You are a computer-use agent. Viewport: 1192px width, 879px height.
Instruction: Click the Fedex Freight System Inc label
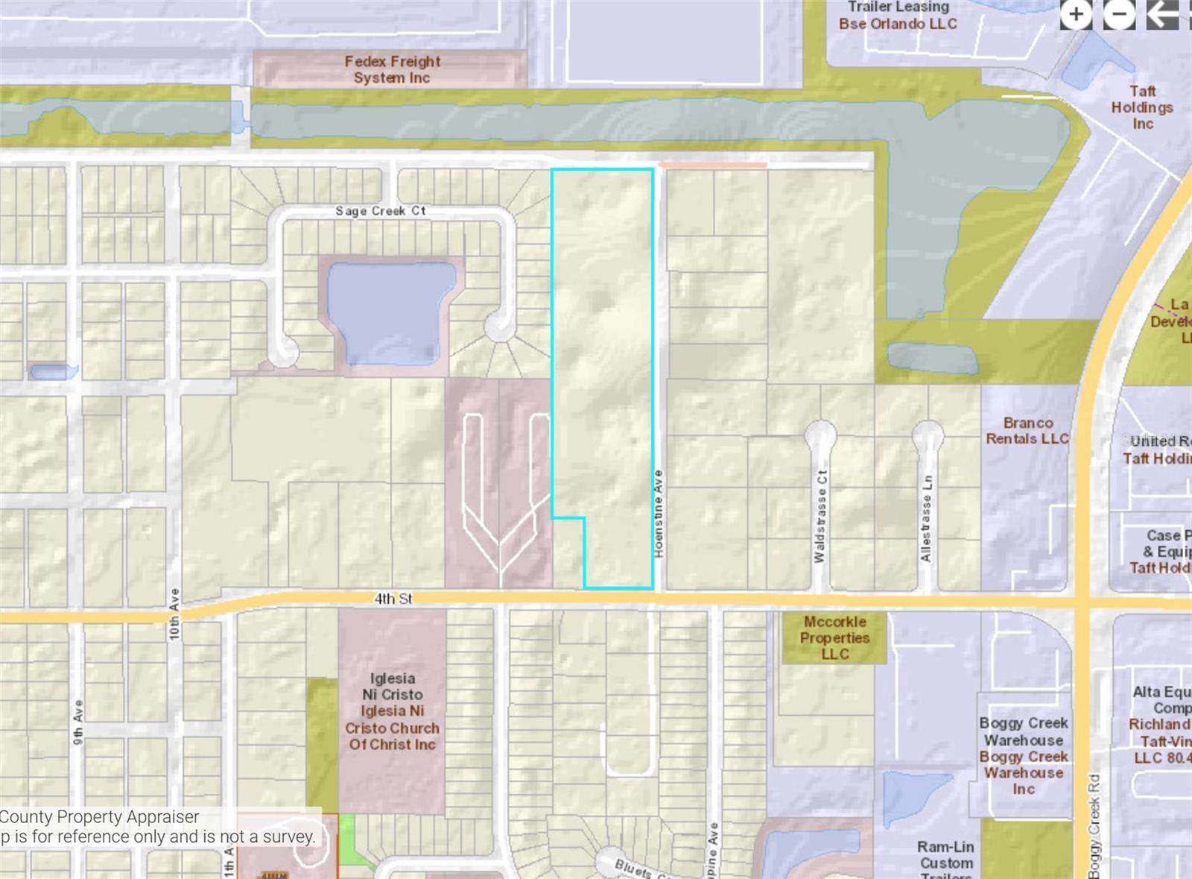pos(392,69)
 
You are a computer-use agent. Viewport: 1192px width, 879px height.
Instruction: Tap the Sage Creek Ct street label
pos(380,211)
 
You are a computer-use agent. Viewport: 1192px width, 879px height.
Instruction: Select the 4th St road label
pos(393,599)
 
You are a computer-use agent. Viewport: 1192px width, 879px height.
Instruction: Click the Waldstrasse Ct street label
pos(820,516)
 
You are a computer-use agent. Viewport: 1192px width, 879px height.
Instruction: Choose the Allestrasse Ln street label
pos(926,518)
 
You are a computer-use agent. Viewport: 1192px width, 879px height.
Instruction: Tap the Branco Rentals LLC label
pos(1027,431)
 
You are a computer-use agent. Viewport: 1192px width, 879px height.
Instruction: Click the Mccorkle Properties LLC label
pos(834,637)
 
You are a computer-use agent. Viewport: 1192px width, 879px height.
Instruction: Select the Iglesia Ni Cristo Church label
pos(392,711)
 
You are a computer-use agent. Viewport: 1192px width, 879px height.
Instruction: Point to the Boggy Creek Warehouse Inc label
pos(1024,755)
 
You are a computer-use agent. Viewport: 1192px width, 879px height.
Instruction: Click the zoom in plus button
pos(1076,14)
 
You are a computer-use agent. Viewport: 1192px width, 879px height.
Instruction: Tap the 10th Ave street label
pos(174,614)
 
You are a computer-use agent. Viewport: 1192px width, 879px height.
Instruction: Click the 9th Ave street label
pos(78,722)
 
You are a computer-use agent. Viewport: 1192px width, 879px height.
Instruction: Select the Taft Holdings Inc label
pos(1142,107)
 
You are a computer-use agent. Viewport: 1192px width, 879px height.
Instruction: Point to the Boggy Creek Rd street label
pos(1094,826)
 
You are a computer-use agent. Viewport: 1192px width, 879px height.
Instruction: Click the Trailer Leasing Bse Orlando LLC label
pos(898,16)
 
